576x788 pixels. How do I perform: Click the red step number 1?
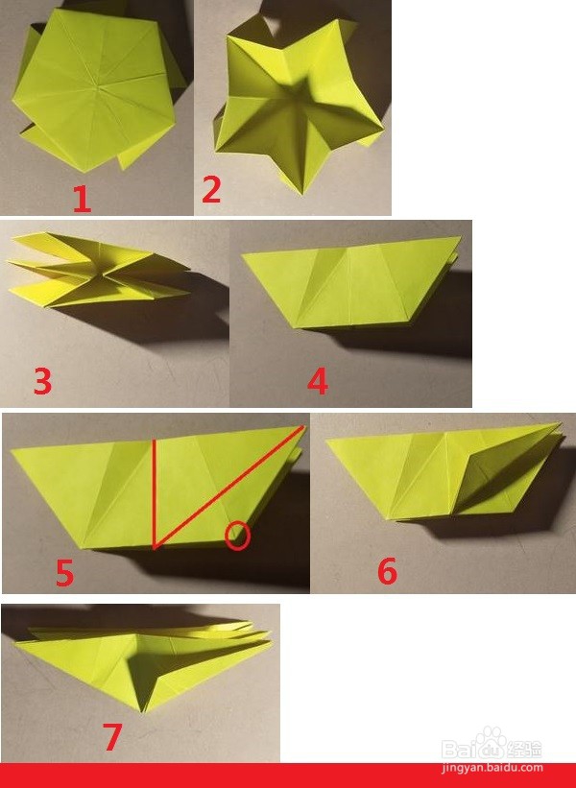(x=82, y=198)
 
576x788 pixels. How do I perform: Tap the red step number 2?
(x=211, y=189)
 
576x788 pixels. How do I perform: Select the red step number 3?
(x=43, y=380)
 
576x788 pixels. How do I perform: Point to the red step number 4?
(x=318, y=380)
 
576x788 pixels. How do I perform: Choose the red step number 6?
(x=387, y=571)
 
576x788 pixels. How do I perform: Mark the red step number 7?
(x=112, y=737)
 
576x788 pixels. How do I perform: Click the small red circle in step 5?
(x=237, y=536)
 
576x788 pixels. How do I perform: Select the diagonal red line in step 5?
(x=229, y=487)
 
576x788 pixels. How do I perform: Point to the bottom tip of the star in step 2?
(x=302, y=194)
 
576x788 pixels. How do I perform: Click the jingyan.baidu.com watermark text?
(x=492, y=768)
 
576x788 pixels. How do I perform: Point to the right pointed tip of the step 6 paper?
(x=560, y=424)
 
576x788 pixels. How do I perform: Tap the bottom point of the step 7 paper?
(x=144, y=711)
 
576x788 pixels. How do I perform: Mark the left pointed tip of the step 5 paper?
(x=12, y=450)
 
